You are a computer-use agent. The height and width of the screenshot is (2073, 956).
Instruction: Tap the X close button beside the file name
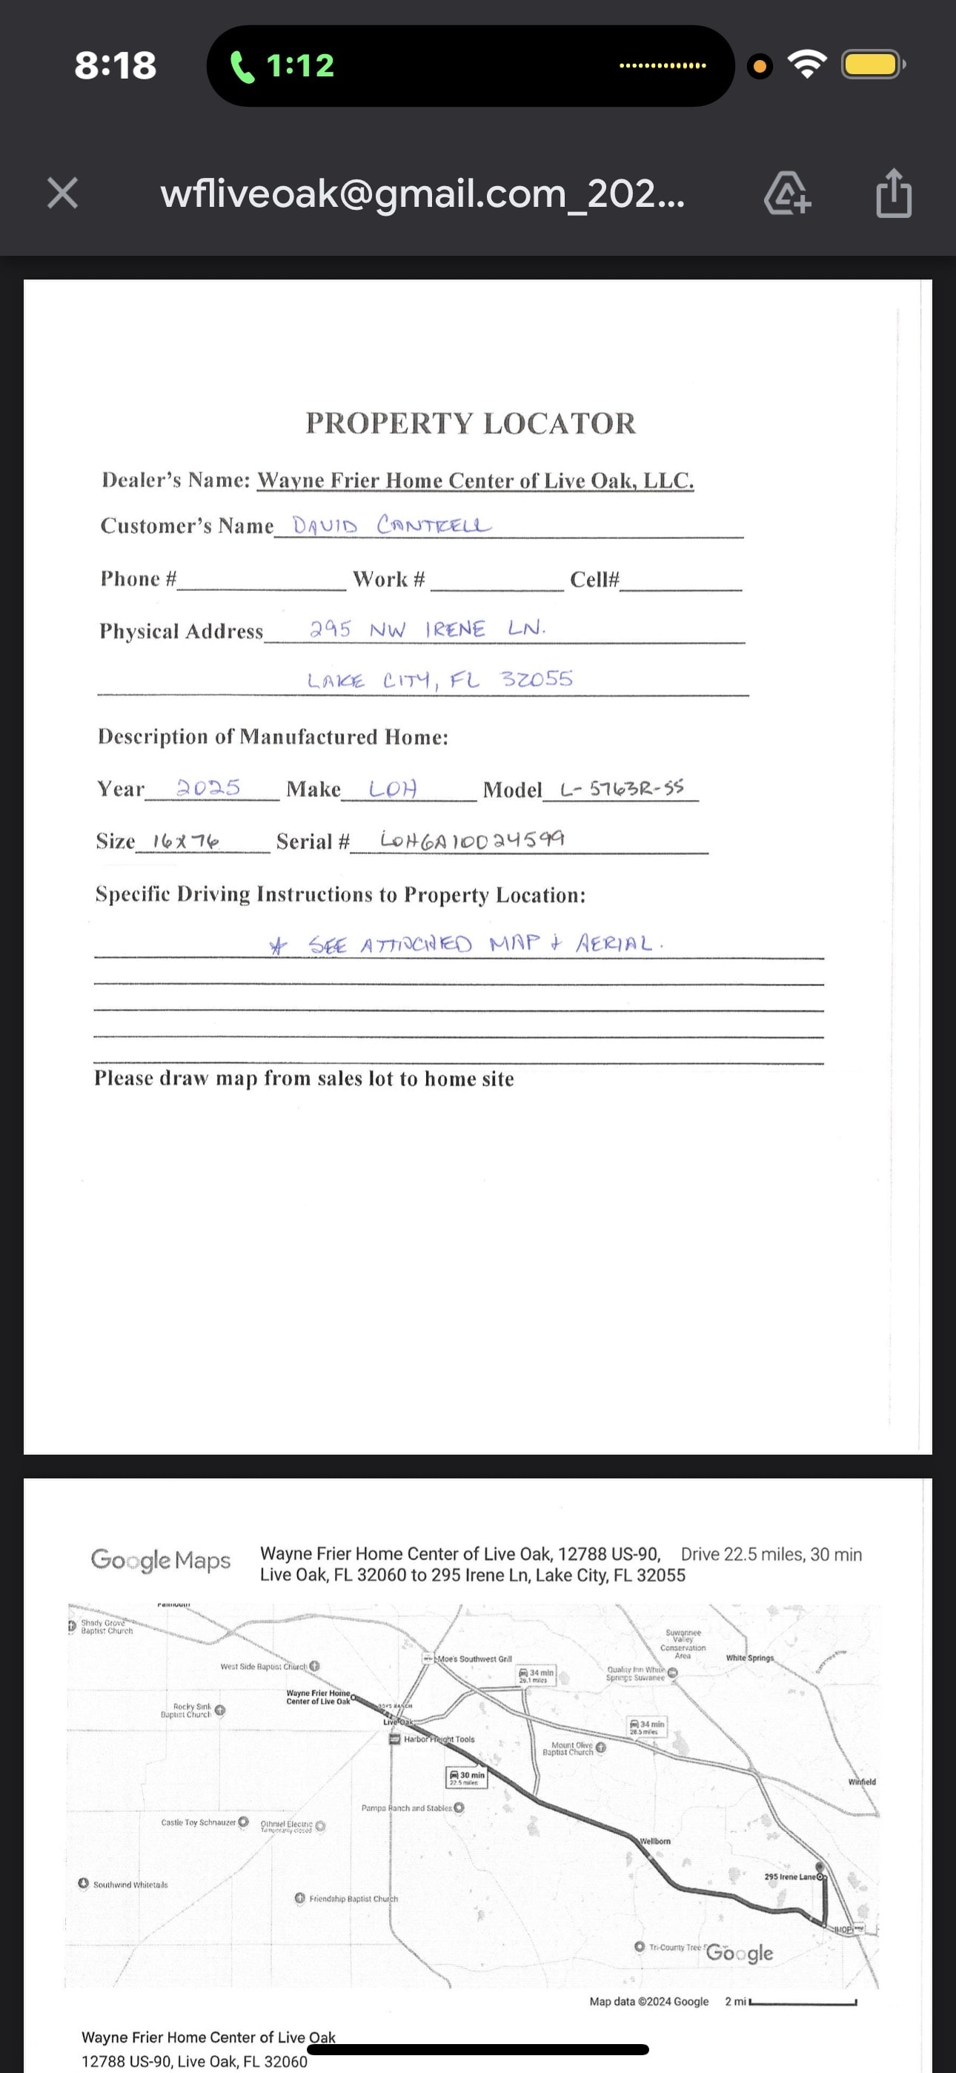63,193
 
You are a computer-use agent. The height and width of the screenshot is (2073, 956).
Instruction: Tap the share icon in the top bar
893,193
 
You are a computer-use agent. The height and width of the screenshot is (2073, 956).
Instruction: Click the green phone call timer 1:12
283,65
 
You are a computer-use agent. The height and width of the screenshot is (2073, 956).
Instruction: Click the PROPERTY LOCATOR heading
470,423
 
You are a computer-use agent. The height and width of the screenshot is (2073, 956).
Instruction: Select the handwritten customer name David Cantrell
391,526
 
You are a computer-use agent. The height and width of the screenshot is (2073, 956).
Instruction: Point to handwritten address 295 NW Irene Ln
428,629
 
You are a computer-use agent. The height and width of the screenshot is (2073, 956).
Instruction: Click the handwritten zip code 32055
537,678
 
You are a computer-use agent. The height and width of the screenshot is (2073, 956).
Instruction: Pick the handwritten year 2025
208,787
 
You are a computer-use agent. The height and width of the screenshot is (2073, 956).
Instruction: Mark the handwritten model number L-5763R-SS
622,788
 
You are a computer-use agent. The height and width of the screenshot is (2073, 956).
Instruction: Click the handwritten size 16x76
186,841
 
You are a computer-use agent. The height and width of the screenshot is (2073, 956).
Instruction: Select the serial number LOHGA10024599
472,839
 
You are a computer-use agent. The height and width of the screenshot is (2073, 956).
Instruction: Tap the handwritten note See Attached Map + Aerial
468,943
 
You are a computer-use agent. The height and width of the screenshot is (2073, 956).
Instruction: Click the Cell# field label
594,579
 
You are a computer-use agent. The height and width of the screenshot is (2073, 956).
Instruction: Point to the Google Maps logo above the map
160,1560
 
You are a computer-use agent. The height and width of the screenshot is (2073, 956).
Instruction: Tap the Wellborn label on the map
655,1841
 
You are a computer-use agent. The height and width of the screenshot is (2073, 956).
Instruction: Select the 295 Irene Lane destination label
791,1877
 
